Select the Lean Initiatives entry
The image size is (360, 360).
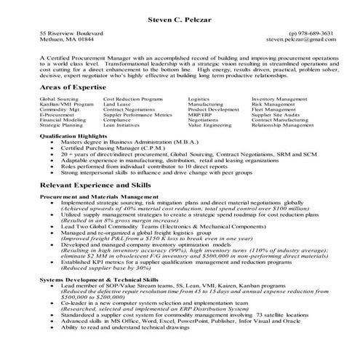121,125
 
